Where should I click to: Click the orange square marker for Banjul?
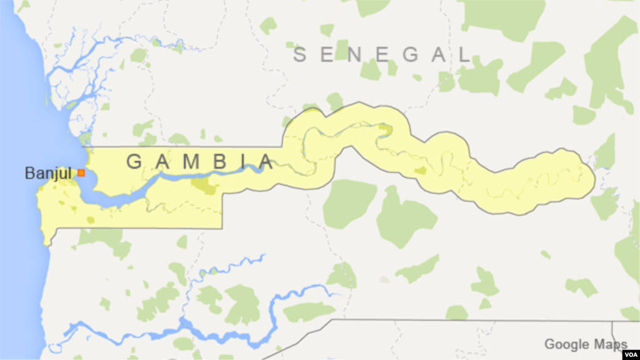click(81, 172)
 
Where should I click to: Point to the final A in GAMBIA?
click(267, 162)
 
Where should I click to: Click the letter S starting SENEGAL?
click(300, 55)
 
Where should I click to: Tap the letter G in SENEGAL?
click(409, 55)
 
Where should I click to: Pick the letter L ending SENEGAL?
click(464, 55)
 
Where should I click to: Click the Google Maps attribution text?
click(585, 344)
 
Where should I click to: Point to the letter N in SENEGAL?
click(355, 55)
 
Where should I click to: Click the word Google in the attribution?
click(566, 344)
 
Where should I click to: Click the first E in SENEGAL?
click(327, 55)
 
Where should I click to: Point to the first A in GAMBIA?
click(162, 162)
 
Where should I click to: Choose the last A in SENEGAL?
click(437, 55)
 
